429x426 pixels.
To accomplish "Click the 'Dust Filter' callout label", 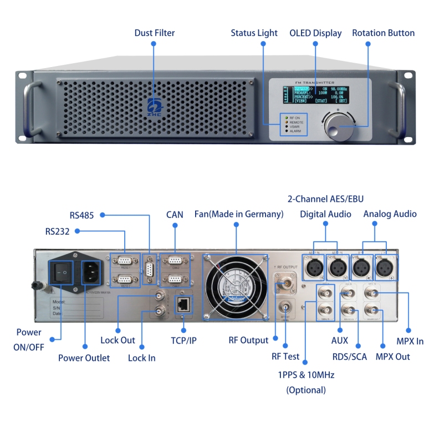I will click(x=154, y=33).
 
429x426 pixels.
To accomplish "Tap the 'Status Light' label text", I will click(x=254, y=33).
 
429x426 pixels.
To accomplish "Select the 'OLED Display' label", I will click(x=315, y=33).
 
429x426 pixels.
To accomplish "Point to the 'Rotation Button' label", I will click(x=383, y=33).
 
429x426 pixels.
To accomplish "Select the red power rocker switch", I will click(x=63, y=272).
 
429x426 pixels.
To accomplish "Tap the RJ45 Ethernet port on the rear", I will click(x=183, y=303).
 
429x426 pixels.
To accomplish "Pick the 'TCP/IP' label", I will click(x=183, y=340).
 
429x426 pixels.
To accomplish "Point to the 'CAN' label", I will click(x=175, y=215).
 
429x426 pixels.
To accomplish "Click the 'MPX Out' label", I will click(x=392, y=357).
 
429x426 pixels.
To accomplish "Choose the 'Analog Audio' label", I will click(x=390, y=214).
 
